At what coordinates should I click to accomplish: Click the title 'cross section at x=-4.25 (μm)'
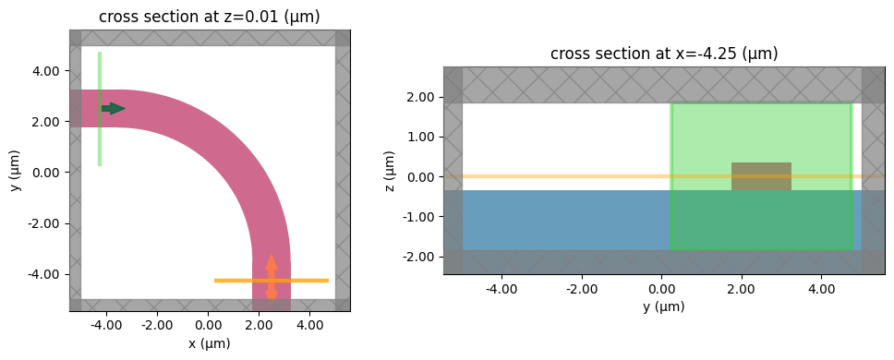[x=664, y=54]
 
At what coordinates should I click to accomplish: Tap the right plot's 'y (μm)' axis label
[x=664, y=306]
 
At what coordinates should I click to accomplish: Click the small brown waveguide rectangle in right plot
[x=761, y=176]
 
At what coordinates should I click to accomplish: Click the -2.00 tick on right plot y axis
[x=579, y=288]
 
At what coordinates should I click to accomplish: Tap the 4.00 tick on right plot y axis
[x=821, y=288]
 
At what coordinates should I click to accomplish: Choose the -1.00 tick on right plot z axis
[x=421, y=217]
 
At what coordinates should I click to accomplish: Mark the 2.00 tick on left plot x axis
[x=259, y=325]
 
